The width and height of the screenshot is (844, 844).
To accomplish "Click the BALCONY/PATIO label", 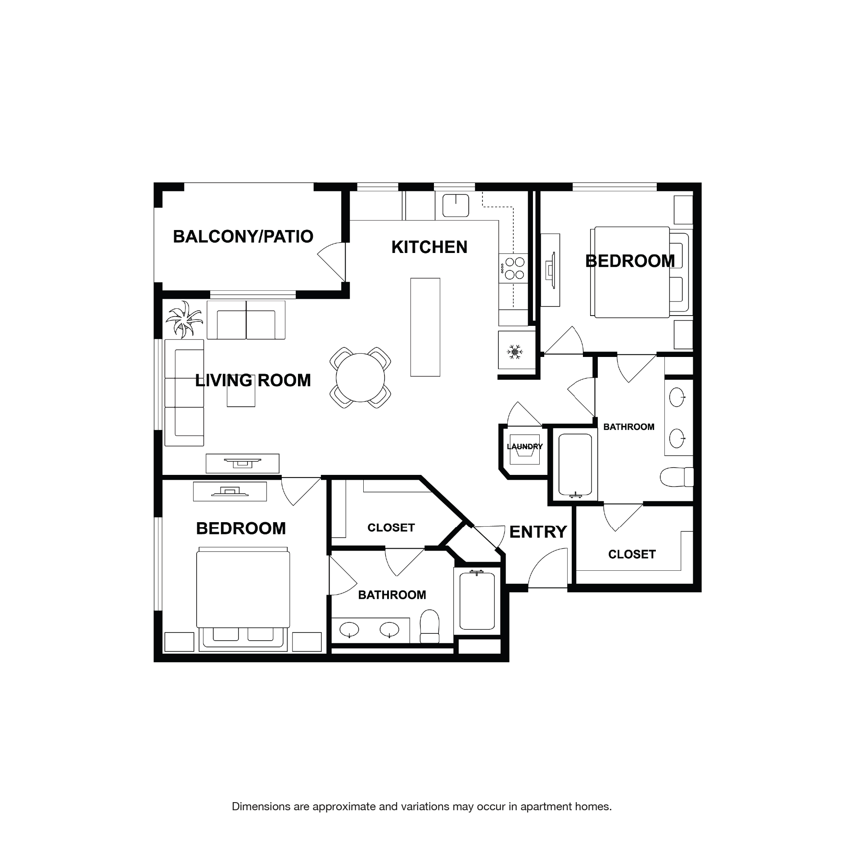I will (243, 236).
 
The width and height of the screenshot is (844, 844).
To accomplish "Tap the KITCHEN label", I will (429, 247).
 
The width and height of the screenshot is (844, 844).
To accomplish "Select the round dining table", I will (360, 377).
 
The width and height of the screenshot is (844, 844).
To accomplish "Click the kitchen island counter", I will (425, 327).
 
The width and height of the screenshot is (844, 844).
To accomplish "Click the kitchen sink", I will (456, 205).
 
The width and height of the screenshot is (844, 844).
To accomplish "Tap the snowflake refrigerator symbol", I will (514, 352).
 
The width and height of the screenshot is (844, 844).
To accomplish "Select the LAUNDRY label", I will (524, 447).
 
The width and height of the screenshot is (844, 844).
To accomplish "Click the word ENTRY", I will (537, 532).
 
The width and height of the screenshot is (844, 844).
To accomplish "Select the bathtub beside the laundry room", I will (575, 465).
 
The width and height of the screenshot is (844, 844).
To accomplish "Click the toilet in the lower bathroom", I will (429, 626).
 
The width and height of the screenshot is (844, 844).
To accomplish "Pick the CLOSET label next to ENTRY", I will (632, 554).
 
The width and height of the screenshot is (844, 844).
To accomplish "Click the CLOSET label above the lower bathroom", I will (391, 528).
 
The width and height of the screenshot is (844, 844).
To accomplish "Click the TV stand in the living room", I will (242, 463).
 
